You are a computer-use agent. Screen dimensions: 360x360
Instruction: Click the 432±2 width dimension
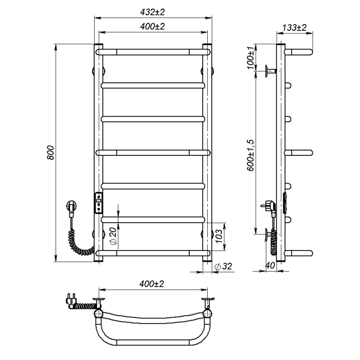[x=153, y=12]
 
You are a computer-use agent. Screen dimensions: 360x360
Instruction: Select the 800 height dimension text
[x=50, y=153]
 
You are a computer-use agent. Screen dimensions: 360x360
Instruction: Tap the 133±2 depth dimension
[x=294, y=28]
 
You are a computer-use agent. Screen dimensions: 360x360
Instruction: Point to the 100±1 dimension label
[x=251, y=58]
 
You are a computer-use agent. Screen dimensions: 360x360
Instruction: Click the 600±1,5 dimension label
[x=251, y=155]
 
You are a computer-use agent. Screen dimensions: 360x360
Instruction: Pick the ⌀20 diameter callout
[x=114, y=236]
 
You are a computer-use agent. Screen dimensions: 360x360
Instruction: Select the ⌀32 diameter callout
[x=223, y=266]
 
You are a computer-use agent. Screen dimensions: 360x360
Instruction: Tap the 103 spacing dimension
[x=219, y=236]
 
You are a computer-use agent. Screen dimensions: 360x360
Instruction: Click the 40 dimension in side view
[x=270, y=265]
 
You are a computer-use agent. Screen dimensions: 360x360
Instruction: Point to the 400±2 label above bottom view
[x=152, y=284]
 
